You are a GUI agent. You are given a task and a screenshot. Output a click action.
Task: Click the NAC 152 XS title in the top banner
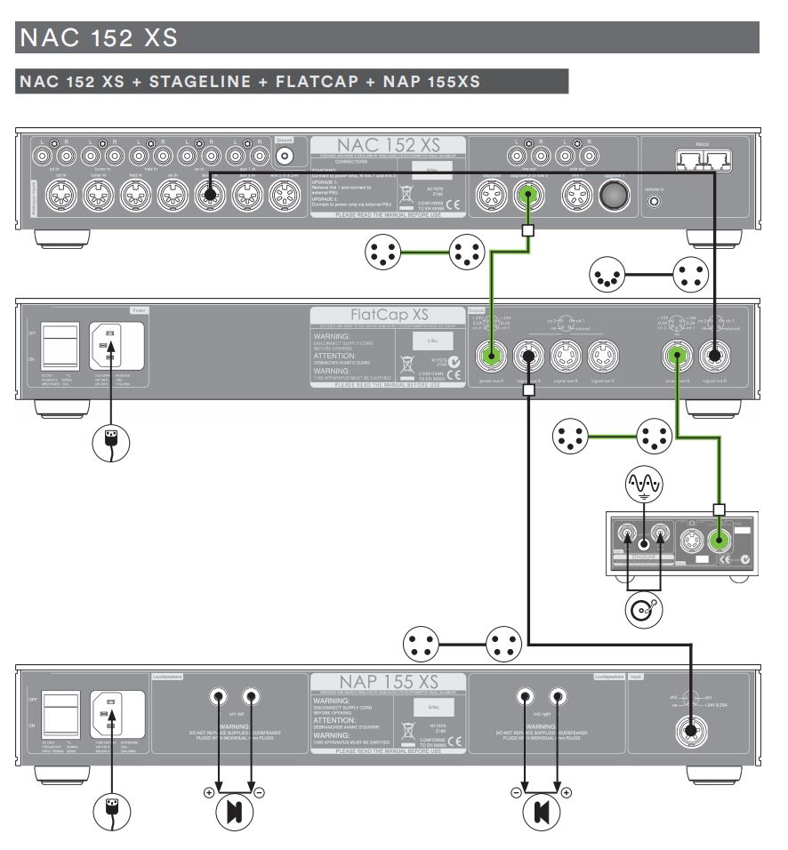click(97, 38)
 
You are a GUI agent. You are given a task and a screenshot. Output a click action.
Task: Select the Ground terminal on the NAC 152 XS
click(285, 156)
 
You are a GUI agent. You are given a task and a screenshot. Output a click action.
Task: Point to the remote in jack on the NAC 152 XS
click(655, 202)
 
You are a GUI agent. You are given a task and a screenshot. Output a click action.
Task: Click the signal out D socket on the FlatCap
click(713, 357)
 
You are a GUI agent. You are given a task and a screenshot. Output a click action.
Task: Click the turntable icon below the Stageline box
click(644, 610)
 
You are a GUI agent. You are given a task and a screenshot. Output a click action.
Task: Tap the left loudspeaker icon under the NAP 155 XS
click(233, 811)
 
